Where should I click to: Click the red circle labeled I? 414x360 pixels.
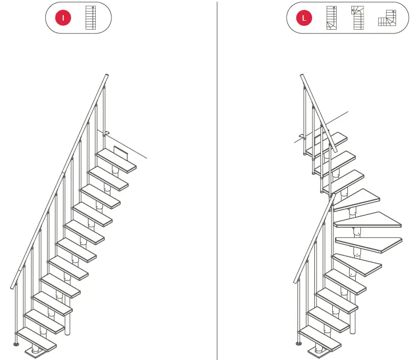point(63,18)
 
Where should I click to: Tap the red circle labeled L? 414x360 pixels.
point(304,18)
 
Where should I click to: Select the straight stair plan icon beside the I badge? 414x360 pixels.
point(91,18)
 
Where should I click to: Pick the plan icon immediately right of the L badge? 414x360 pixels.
point(332,18)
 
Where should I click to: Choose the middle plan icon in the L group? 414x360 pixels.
point(356,18)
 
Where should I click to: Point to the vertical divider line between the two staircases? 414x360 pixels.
point(217,179)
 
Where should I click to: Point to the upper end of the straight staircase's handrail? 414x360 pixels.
point(106,75)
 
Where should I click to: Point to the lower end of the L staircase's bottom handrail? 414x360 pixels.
point(294,282)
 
